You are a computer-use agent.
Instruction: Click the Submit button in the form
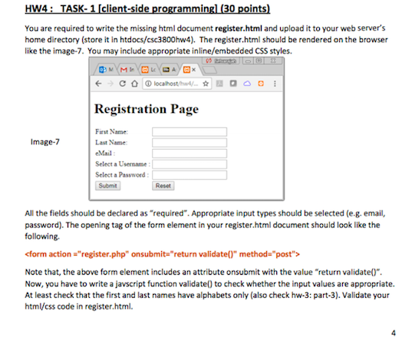click(x=109, y=186)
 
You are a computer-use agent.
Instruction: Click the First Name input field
click(x=190, y=132)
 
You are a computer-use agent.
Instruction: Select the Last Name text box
click(x=190, y=143)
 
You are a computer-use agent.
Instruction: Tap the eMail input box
click(x=190, y=154)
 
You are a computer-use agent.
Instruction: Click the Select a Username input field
click(x=190, y=164)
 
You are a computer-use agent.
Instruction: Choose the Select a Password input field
click(x=190, y=175)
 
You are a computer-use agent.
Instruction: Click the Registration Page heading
click(x=146, y=109)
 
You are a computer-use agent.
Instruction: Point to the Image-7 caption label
click(x=44, y=142)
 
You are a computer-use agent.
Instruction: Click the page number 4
click(x=393, y=333)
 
